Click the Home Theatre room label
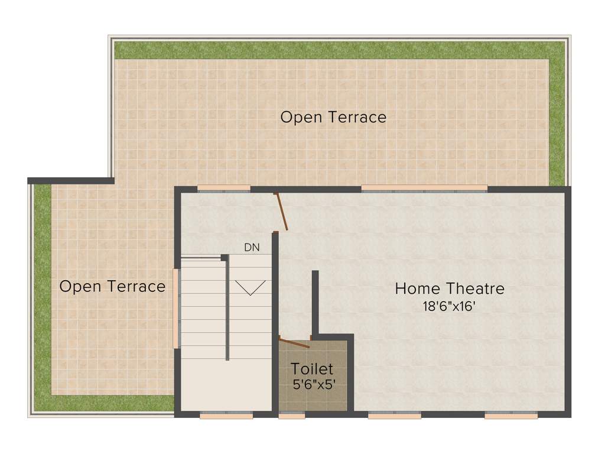[x=450, y=289]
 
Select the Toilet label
[x=312, y=369]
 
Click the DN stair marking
[x=252, y=248]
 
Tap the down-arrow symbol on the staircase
[x=251, y=287]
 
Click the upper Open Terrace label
[x=333, y=117]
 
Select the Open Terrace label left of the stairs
[x=112, y=287]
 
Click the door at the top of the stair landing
[x=281, y=211]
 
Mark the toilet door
[x=294, y=342]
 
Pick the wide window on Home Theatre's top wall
[x=424, y=189]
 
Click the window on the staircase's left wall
[x=175, y=309]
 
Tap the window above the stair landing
[x=223, y=189]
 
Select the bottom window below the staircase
[x=226, y=416]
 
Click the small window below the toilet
[x=292, y=416]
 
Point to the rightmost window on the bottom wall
[x=511, y=416]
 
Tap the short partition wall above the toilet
[x=315, y=301]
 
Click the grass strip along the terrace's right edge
[x=557, y=118]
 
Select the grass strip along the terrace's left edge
[x=42, y=296]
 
